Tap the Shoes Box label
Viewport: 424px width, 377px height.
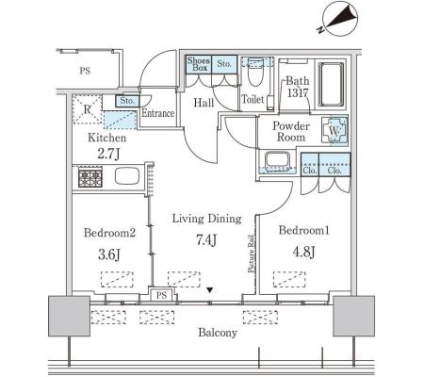coord(199,64)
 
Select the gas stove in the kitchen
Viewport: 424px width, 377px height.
coord(90,177)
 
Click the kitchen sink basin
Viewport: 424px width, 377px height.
coord(127,176)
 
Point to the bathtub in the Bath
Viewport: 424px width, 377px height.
coord(331,84)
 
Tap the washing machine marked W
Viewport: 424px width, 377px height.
coord(334,131)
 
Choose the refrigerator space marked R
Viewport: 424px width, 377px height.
coord(88,109)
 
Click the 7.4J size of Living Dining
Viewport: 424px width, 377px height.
coord(206,240)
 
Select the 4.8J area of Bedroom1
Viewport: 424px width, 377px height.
coord(303,252)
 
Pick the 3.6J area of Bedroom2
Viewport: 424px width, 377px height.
coord(109,254)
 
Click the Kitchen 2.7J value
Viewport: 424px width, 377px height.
coord(108,154)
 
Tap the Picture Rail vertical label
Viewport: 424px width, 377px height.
coord(251,254)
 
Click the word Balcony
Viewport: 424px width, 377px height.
coord(218,333)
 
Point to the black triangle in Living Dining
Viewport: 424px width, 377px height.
coord(210,290)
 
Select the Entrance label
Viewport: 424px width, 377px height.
coord(157,113)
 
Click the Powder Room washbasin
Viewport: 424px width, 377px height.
coord(277,160)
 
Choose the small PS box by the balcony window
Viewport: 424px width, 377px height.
coord(161,295)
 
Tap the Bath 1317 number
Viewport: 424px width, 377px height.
coord(298,93)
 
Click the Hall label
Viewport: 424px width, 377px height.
coord(204,103)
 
